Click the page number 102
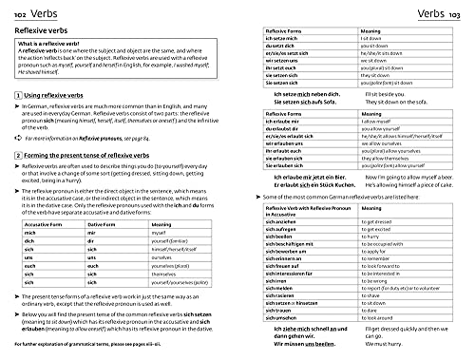(x=14, y=12)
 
